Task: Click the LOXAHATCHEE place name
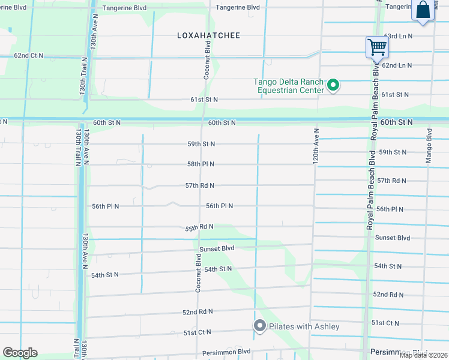pyautogui.click(x=208, y=35)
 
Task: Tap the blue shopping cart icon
pyautogui.click(x=377, y=46)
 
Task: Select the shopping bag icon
pyautogui.click(x=423, y=10)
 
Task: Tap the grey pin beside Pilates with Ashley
pyautogui.click(x=259, y=326)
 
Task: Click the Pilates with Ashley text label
pyautogui.click(x=304, y=326)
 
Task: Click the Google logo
pyautogui.click(x=20, y=353)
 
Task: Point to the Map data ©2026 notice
pyautogui.click(x=423, y=355)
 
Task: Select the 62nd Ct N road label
pyautogui.click(x=29, y=55)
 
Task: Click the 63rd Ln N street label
pyautogui.click(x=398, y=36)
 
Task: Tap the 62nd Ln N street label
pyautogui.click(x=397, y=65)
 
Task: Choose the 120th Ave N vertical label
pyautogui.click(x=316, y=146)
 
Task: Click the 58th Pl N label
pyautogui.click(x=200, y=164)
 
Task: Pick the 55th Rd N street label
pyautogui.click(x=199, y=227)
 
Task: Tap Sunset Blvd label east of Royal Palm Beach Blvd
pyautogui.click(x=392, y=238)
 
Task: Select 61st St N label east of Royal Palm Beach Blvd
pyautogui.click(x=394, y=94)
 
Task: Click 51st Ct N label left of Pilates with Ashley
pyautogui.click(x=197, y=332)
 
